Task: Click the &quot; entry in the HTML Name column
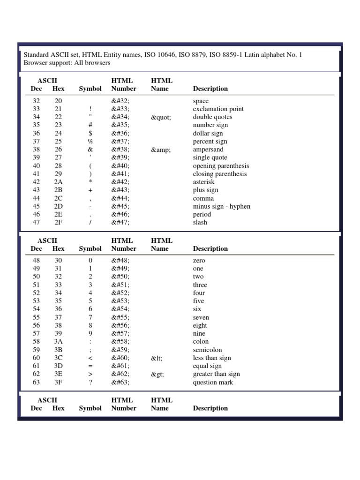[x=161, y=117]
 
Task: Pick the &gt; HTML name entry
[x=157, y=374]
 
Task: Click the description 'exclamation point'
[x=218, y=109]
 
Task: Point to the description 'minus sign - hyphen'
[x=222, y=206]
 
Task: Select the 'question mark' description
[x=213, y=382]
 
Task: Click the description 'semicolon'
[x=208, y=350]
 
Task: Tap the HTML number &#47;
[x=120, y=223]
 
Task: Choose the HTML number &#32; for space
[x=120, y=101]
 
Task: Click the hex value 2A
[x=58, y=182]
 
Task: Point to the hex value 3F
[x=58, y=382]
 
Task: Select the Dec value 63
[x=37, y=382]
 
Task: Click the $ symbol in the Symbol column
[x=90, y=134]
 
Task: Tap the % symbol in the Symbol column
[x=90, y=142]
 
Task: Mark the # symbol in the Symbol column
[x=90, y=125]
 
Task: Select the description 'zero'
[x=199, y=261]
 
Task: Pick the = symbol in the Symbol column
[x=90, y=366]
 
